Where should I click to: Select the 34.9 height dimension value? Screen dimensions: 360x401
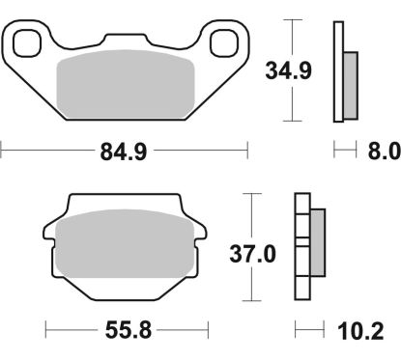point(291,69)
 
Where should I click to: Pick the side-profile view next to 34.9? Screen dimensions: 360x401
point(343,72)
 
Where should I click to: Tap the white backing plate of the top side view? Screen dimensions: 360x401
point(338,72)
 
